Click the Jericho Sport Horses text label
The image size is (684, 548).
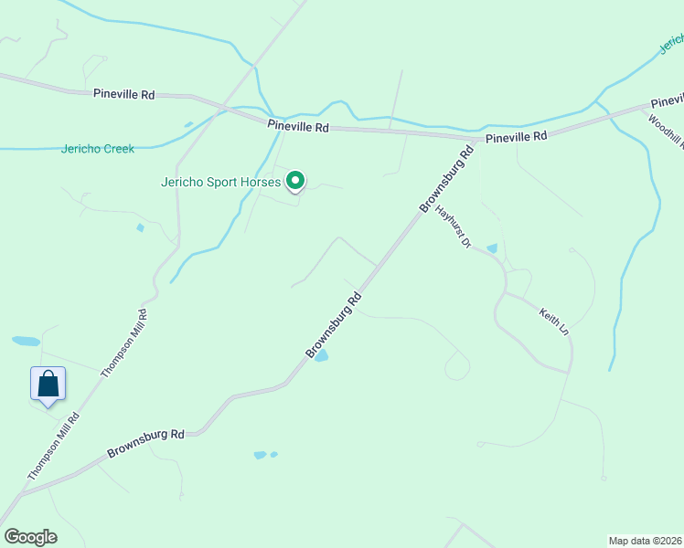pos(220,182)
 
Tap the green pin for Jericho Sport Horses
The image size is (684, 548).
pos(295,182)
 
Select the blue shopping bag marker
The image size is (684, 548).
pos(48,384)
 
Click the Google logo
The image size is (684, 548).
pos(30,537)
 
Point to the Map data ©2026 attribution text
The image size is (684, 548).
pos(646,540)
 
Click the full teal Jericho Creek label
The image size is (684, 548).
pos(98,149)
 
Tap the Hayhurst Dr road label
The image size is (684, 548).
pos(452,227)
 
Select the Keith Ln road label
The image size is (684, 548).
pos(553,321)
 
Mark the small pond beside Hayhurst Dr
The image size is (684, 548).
pos(492,248)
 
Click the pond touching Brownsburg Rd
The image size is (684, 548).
pos(321,356)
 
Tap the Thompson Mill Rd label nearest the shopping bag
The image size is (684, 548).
pos(54,447)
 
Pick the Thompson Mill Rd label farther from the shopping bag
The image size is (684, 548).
pos(125,343)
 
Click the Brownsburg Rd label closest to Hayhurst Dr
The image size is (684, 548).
pos(448,179)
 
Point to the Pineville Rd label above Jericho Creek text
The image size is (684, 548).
pos(123,93)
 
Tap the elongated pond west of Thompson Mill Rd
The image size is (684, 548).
pos(26,342)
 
